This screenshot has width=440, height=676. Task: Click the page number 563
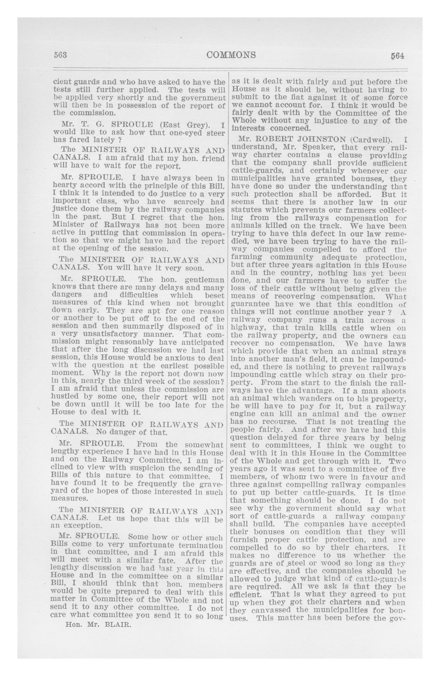(x=60, y=55)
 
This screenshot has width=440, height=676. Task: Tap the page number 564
(x=397, y=56)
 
